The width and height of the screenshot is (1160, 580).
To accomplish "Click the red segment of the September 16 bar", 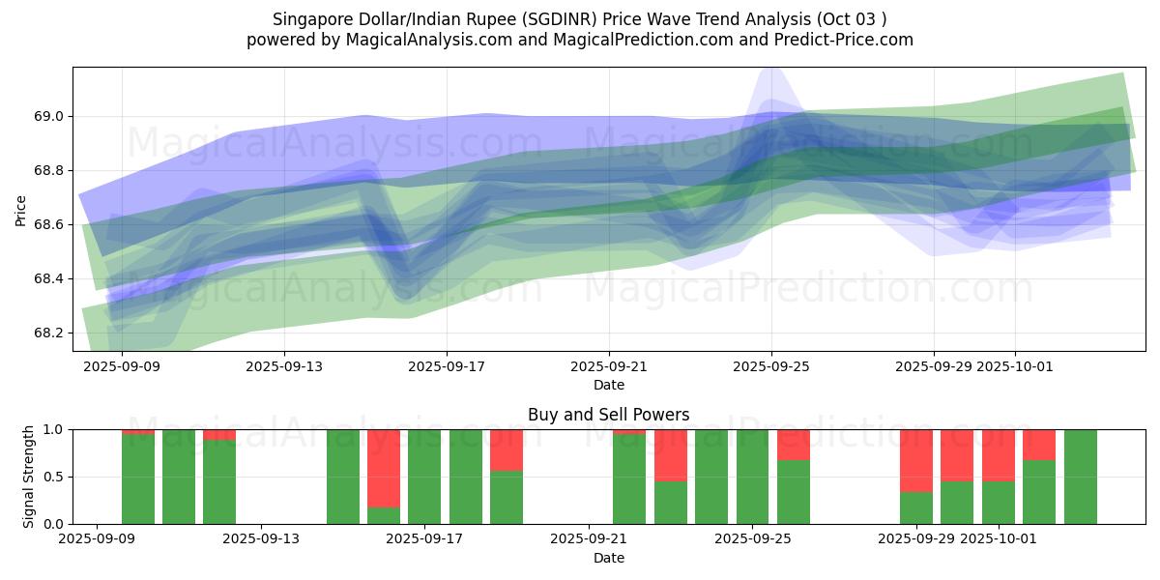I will click(384, 468).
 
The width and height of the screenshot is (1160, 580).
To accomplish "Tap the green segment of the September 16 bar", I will click(384, 515).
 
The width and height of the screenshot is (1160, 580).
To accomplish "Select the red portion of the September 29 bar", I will click(915, 460).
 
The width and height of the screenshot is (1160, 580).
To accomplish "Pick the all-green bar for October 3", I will click(1080, 477).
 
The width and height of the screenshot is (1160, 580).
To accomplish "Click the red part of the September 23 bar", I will click(670, 454).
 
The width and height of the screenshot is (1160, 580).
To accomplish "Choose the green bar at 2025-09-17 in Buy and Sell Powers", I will click(424, 477).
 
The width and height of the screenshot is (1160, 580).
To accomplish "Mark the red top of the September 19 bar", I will click(507, 449).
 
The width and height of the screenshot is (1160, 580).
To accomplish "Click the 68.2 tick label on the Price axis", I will click(49, 333).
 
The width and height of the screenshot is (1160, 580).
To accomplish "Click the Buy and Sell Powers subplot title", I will click(608, 415).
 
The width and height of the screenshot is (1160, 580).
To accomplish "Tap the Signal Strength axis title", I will click(29, 477).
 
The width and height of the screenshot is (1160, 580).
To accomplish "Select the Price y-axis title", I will click(21, 209).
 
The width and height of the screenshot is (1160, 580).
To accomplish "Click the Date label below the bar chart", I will click(608, 558).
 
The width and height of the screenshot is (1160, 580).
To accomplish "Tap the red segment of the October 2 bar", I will click(1039, 444).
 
